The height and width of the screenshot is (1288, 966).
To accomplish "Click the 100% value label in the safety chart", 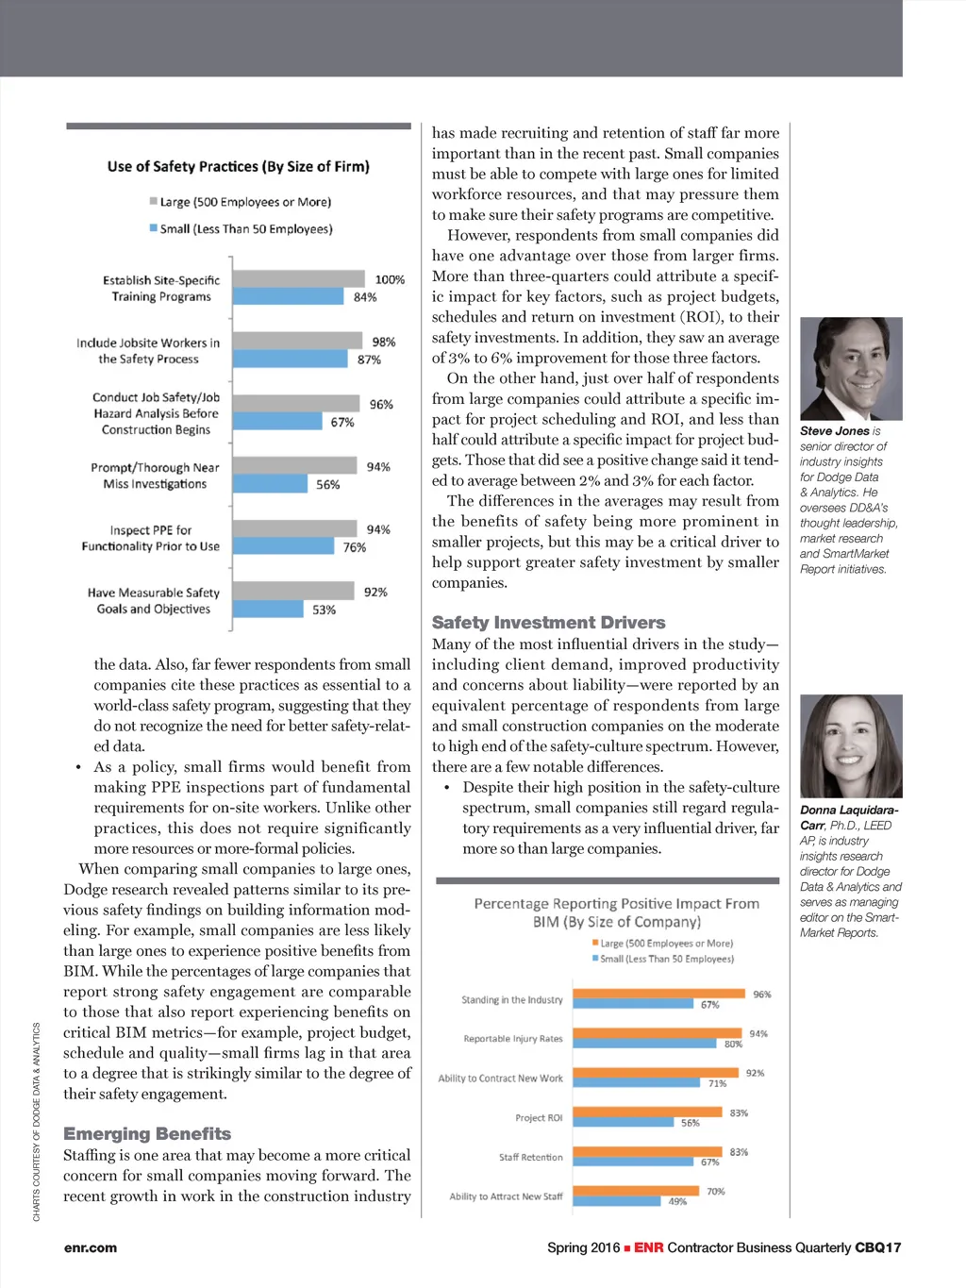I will click(x=390, y=279).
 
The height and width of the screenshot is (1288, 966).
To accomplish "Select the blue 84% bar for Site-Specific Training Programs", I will click(x=288, y=296).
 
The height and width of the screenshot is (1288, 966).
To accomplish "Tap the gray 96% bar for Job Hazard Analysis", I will click(x=295, y=404).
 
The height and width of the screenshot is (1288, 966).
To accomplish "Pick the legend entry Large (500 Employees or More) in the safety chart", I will click(x=241, y=202).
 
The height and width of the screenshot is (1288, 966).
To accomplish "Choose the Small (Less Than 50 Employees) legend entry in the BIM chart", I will click(x=662, y=959).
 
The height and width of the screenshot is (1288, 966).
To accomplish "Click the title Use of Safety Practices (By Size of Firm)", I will click(x=239, y=167).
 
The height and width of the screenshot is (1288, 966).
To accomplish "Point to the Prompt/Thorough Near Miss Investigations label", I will click(x=155, y=476).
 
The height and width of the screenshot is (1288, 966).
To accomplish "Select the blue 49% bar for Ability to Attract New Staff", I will click(x=616, y=1201).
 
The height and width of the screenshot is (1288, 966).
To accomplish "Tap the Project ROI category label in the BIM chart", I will click(x=539, y=1118).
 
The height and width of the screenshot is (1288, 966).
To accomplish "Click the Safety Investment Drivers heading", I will click(x=548, y=623).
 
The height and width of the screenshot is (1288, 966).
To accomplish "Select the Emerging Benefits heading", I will click(x=147, y=1133).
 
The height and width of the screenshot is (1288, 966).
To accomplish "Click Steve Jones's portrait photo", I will click(x=851, y=369).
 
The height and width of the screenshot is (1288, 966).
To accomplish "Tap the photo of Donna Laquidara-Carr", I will click(x=851, y=746).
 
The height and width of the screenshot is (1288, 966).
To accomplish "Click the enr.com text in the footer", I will click(x=91, y=1247).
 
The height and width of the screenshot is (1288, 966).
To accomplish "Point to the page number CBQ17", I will click(x=877, y=1247).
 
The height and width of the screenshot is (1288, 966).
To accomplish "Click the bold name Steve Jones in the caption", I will click(x=835, y=431).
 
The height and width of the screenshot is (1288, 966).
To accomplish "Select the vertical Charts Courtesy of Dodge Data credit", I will click(x=37, y=1122).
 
